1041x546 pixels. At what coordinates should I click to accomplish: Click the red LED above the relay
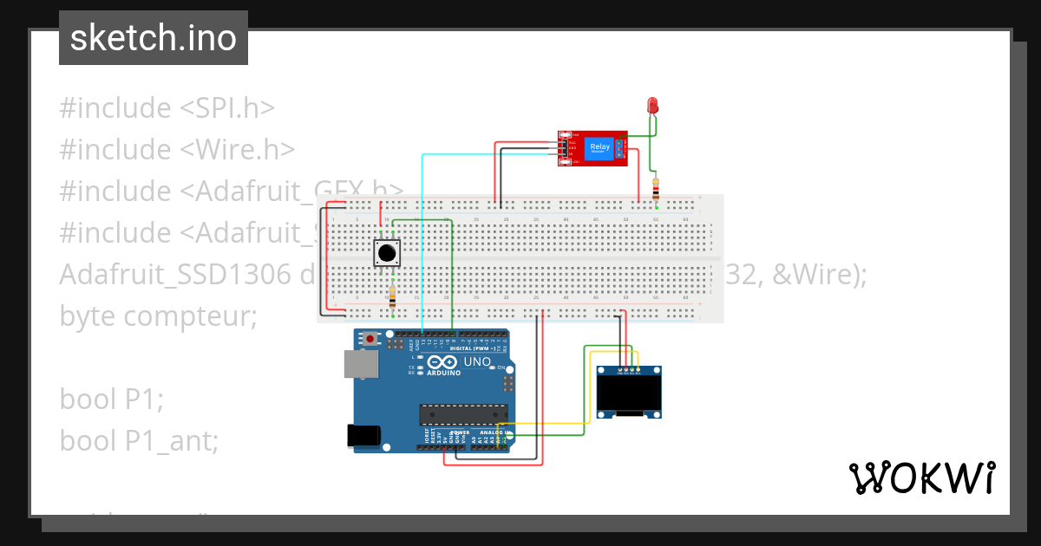[x=653, y=106]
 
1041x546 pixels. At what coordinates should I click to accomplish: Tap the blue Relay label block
[x=599, y=147]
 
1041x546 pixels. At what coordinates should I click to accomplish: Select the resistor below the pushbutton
[x=393, y=297]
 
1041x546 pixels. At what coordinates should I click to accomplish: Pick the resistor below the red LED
[x=656, y=188]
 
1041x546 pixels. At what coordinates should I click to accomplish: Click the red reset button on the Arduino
[x=371, y=338]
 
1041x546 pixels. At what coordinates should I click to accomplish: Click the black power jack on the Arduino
[x=365, y=435]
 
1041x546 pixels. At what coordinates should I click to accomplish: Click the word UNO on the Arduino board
[x=478, y=361]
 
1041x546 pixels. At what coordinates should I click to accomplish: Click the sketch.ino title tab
[x=154, y=39]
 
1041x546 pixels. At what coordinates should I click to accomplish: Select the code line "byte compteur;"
[x=159, y=316]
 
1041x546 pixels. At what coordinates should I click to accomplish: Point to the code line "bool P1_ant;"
[x=139, y=441]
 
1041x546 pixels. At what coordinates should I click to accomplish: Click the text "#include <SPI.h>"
[x=167, y=108]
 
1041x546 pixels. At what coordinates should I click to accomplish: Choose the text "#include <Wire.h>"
[x=177, y=150]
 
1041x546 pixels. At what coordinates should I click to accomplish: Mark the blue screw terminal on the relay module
[x=620, y=147]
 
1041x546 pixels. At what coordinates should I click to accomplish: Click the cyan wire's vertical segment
[x=422, y=243]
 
